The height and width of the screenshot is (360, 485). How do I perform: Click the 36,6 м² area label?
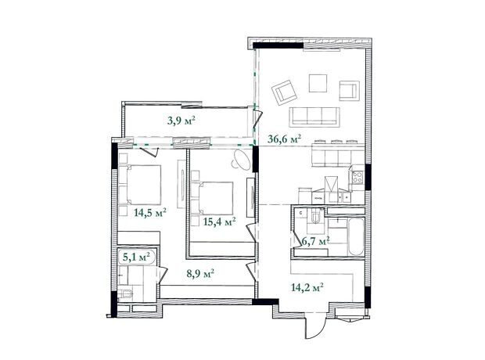(x=284, y=139)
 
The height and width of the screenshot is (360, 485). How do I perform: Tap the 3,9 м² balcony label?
(x=181, y=120)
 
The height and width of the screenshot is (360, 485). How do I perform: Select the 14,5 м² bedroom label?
(x=150, y=213)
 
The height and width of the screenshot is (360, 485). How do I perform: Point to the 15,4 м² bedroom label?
(x=220, y=221)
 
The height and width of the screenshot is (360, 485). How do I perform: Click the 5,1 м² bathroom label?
(x=136, y=257)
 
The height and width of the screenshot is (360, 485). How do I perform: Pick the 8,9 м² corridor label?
(x=200, y=274)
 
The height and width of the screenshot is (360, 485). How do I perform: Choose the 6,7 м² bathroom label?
(x=314, y=240)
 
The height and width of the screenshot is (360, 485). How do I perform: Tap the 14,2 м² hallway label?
(x=307, y=287)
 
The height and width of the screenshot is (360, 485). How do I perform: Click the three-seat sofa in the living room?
(x=314, y=117)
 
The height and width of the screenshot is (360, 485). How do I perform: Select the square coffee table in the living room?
(x=318, y=83)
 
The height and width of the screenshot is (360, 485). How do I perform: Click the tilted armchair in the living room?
(x=284, y=92)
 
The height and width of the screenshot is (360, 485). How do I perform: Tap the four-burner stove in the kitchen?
(x=357, y=178)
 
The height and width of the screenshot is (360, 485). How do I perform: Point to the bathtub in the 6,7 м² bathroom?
(x=356, y=237)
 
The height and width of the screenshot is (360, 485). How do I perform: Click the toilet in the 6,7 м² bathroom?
(x=315, y=216)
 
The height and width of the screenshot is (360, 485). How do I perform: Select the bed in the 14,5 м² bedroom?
(x=140, y=185)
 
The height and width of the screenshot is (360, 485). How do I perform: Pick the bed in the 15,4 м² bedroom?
(x=212, y=198)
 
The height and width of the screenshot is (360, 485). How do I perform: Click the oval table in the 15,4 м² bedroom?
(x=242, y=160)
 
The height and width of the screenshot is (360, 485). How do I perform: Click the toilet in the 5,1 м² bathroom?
(x=125, y=293)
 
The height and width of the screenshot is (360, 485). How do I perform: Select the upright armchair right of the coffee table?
(x=349, y=91)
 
